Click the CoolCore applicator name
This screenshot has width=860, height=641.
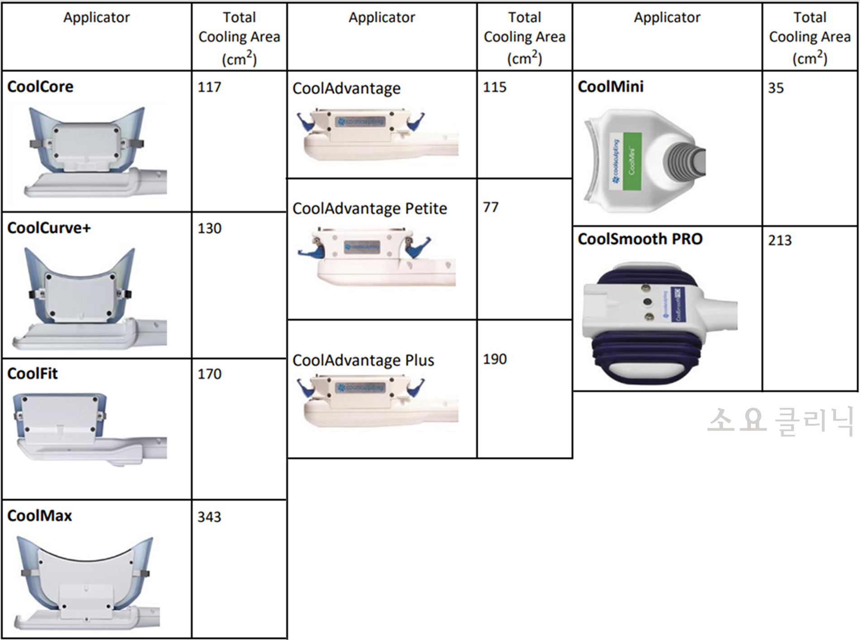pyautogui.click(x=40, y=86)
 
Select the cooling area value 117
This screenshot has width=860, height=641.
pyautogui.click(x=209, y=87)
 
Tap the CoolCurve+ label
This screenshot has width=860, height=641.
pyautogui.click(x=49, y=228)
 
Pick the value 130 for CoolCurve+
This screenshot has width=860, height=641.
pyautogui.click(x=209, y=228)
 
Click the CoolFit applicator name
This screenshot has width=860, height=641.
pyautogui.click(x=33, y=374)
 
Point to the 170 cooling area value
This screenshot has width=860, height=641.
pyautogui.click(x=209, y=374)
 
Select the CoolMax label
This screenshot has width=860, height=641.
pyautogui.click(x=39, y=516)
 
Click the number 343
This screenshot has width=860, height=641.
pyautogui.click(x=209, y=517)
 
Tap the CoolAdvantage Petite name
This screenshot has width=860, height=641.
pyautogui.click(x=369, y=209)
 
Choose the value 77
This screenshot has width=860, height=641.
pyautogui.click(x=491, y=207)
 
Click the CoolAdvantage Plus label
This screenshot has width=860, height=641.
pyautogui.click(x=363, y=361)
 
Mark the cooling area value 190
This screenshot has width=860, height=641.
pyautogui.click(x=495, y=359)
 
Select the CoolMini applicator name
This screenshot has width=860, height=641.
pyautogui.click(x=611, y=86)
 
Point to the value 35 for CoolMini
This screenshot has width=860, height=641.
pyautogui.click(x=776, y=88)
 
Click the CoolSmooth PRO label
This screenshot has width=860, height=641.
pyautogui.click(x=640, y=239)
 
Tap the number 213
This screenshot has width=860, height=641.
pyautogui.click(x=779, y=240)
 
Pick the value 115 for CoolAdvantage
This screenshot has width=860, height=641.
pyautogui.click(x=494, y=87)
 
